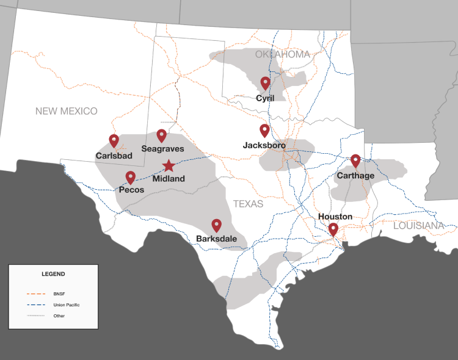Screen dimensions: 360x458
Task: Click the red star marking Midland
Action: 169,165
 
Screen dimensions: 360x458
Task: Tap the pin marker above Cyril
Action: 265,83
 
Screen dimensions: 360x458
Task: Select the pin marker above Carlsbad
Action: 114,140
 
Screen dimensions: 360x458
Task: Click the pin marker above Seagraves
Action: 162,135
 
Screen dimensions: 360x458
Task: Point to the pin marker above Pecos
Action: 131,177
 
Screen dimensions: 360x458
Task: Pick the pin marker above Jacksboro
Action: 264,130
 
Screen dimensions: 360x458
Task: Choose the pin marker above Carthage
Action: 355,160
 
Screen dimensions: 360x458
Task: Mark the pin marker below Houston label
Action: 333,229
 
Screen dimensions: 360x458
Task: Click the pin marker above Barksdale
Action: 216,225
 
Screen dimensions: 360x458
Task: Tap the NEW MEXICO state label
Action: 66,111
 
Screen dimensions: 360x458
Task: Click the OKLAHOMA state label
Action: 283,55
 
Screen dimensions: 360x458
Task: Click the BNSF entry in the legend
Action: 59,294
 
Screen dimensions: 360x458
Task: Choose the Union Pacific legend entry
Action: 66,304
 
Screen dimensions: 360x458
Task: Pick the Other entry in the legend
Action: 59,315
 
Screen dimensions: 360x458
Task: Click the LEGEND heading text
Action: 53,274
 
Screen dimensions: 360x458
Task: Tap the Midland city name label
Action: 169,179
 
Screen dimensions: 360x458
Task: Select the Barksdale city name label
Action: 216,239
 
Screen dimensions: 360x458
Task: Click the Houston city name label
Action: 335,217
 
